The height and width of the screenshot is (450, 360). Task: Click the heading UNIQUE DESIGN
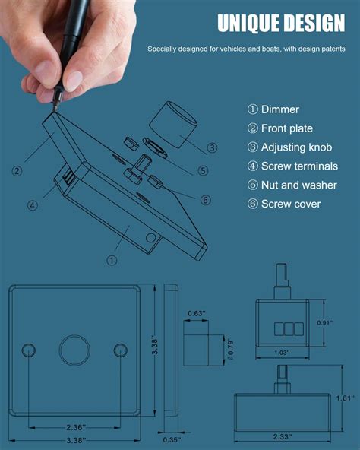tap(281, 23)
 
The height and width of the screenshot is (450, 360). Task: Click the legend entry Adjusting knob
tap(289, 147)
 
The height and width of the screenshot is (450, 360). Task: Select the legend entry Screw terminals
tap(292, 166)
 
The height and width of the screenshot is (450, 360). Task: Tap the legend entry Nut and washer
tap(292, 185)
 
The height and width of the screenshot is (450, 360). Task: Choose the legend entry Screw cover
tap(284, 204)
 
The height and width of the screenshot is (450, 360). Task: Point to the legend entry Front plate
tap(280, 128)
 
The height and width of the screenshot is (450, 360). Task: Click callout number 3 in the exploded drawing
tap(212, 147)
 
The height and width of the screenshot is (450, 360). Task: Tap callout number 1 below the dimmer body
tap(112, 260)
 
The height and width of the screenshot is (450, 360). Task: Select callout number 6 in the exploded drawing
tap(205, 200)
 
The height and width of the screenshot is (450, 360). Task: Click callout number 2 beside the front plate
tap(17, 171)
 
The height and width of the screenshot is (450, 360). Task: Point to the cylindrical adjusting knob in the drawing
tap(173, 125)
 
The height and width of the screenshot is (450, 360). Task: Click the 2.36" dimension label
tap(74, 427)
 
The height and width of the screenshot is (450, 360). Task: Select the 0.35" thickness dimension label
tap(172, 439)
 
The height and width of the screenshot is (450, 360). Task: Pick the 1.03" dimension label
tap(281, 353)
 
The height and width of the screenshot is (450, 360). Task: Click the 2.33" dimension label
tap(283, 436)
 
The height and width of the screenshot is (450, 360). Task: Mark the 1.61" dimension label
tap(346, 398)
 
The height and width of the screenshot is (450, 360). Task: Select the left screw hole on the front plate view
tap(29, 350)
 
